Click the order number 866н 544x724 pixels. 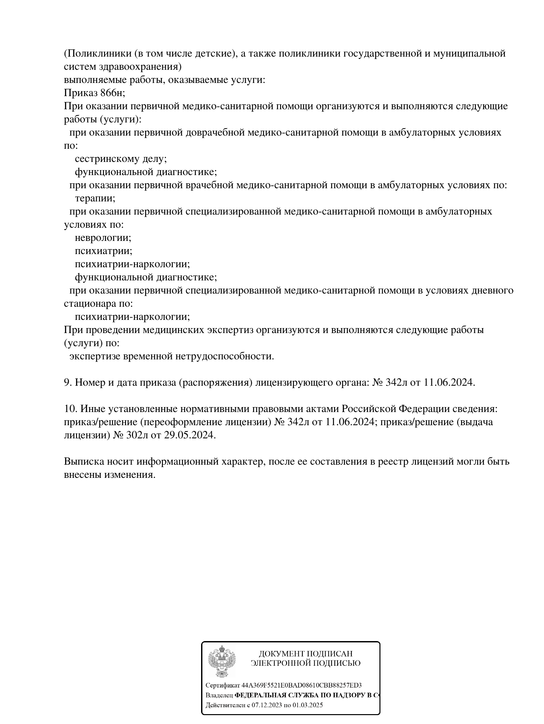pos(112,93)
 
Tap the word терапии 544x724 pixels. pos(95,198)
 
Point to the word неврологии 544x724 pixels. pos(103,238)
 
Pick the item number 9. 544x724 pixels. pos(68,382)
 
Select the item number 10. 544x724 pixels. pos(70,409)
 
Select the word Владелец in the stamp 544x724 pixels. pos(219,695)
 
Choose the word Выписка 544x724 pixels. pos(84,461)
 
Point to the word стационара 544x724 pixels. pos(90,303)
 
